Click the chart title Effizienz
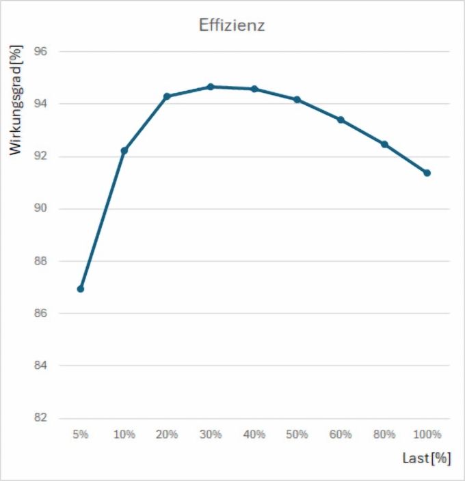coord(232,26)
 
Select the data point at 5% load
coord(81,289)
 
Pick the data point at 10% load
coord(124,150)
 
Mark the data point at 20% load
coord(167,96)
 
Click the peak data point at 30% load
coord(211,87)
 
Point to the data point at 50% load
coord(297,100)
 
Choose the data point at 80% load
coord(384,144)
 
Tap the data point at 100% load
coord(427,173)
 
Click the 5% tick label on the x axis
coord(81,435)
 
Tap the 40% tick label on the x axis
coord(254,435)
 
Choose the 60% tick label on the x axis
coord(341,435)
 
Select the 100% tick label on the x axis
coord(427,435)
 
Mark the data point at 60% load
coord(341,120)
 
